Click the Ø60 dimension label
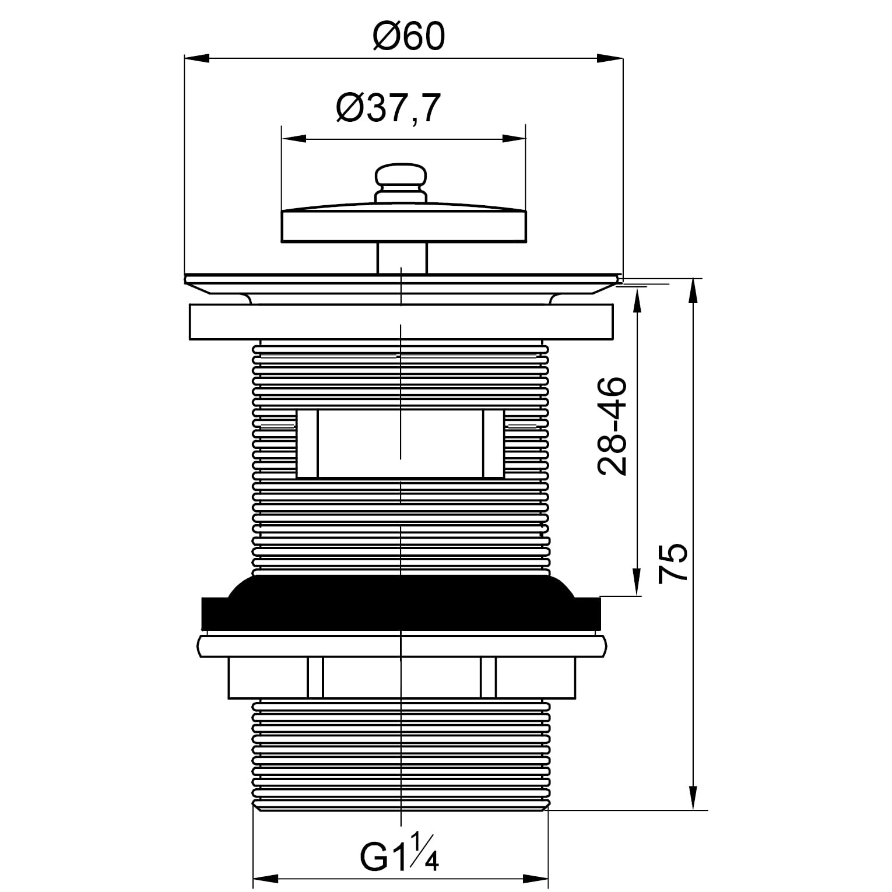(408, 36)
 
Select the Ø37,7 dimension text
(387, 108)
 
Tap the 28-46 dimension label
(612, 426)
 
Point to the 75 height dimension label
(673, 562)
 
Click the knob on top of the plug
(402, 184)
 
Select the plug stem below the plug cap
(402, 258)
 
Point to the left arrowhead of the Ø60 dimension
(196, 58)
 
